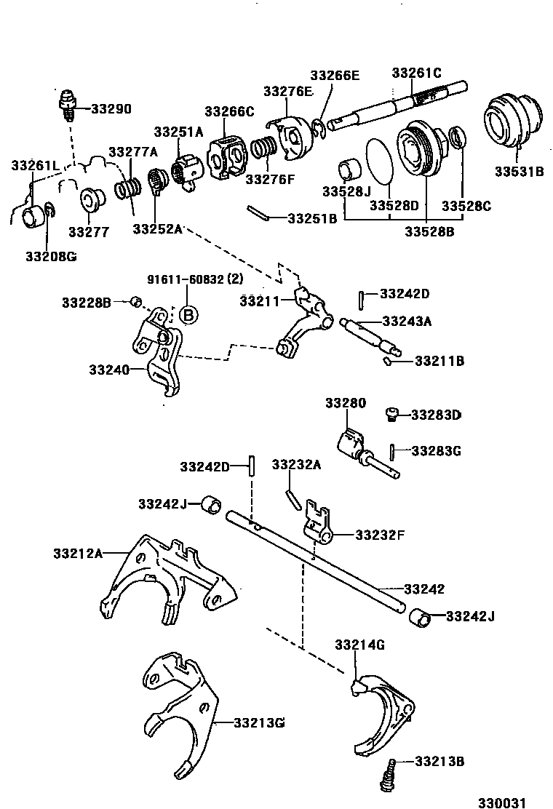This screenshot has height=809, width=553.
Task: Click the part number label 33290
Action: pos(111,109)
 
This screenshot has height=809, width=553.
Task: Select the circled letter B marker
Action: pos(188,315)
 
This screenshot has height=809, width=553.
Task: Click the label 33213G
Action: pos(259,722)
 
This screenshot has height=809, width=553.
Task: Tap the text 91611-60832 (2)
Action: pos(195,279)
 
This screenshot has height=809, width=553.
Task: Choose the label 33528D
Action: pos(391,207)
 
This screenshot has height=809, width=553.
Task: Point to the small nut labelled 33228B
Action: pos(135,301)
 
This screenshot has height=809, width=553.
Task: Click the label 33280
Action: pos(346,403)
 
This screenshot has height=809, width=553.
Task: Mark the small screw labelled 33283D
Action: pos(390,415)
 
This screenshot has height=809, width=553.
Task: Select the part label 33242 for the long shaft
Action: pos(424,589)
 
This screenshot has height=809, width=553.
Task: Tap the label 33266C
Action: pos(229,111)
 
